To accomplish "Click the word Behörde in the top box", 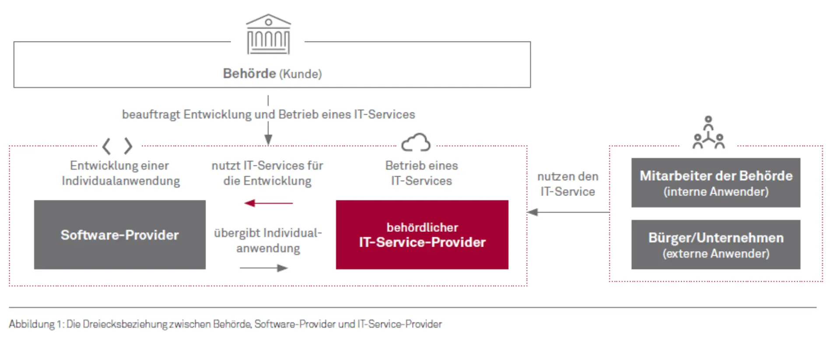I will coord(249,73).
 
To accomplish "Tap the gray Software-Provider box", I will coord(119,235).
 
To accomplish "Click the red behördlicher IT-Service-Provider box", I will coord(422,235).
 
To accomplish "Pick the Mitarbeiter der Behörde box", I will coord(715,182).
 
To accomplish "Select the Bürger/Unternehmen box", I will coord(715,245).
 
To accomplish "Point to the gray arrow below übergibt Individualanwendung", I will coord(264,268).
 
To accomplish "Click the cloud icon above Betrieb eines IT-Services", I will coord(416,143).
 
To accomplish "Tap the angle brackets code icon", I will coord(117,146).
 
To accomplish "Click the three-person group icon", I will coord(708,133).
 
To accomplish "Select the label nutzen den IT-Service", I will coord(567,184).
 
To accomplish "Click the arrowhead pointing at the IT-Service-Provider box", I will coord(532,212).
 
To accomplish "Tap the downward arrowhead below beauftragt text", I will coord(268,140).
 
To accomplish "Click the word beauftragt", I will coord(150,115).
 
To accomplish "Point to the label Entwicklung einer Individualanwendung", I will coord(120,173).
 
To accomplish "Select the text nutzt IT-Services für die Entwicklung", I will coord(267,173).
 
